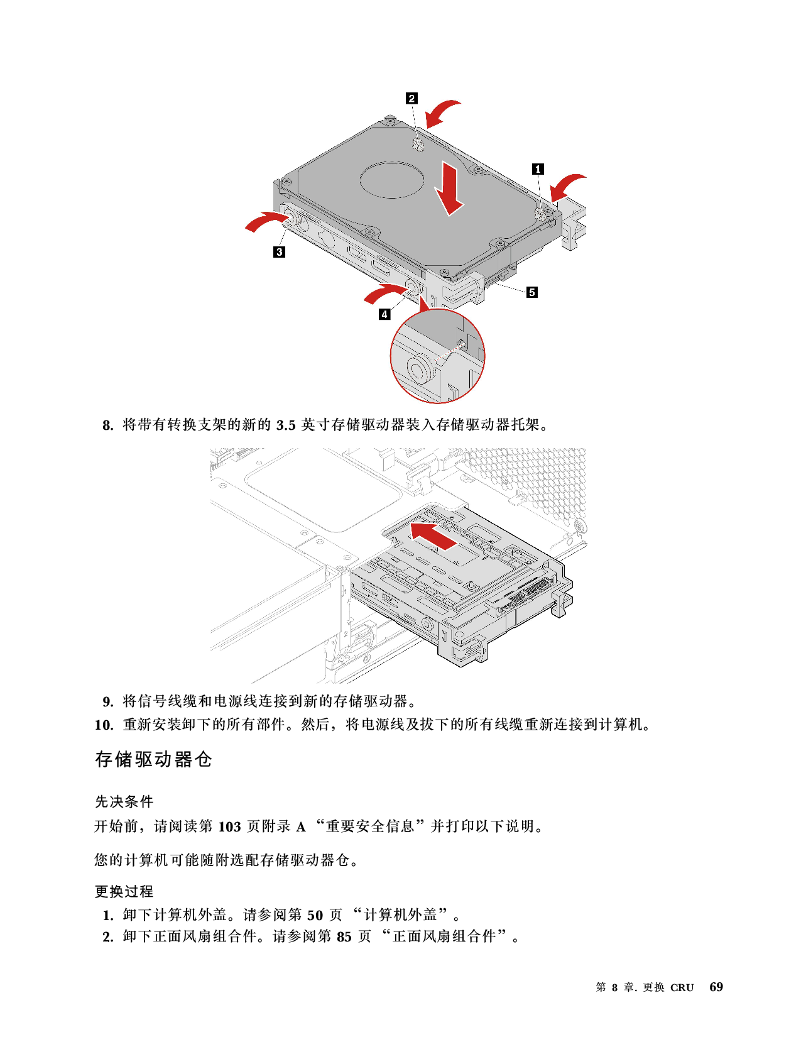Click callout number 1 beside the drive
(x=538, y=169)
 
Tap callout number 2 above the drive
(x=411, y=98)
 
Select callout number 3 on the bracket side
(x=279, y=251)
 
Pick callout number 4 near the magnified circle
(x=384, y=314)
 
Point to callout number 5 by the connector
(x=532, y=292)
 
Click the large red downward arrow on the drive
(x=449, y=188)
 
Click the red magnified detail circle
(x=437, y=356)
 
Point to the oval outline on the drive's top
(x=392, y=180)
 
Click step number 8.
(x=108, y=425)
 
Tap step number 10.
(x=104, y=725)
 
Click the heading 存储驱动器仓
(x=153, y=759)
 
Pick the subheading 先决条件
(x=124, y=802)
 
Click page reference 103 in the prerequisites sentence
(x=229, y=826)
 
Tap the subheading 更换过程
(x=124, y=891)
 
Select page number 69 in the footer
(x=716, y=987)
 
